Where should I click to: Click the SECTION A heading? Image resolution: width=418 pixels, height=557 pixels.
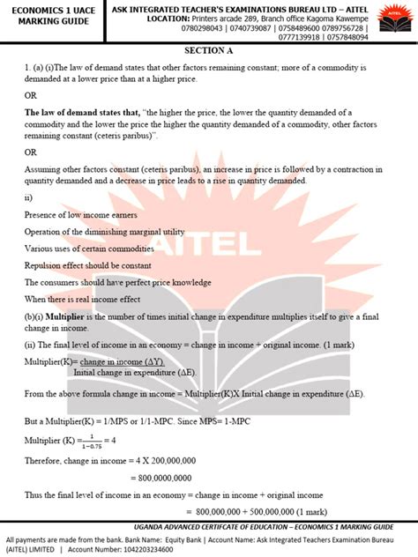point(208,50)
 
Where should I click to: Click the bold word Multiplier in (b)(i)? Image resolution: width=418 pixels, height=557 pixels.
point(63,315)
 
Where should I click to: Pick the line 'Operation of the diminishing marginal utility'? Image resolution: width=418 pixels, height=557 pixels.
point(104,233)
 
